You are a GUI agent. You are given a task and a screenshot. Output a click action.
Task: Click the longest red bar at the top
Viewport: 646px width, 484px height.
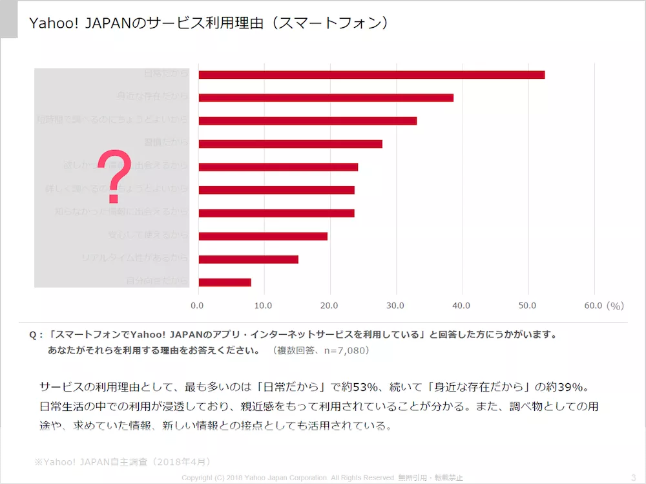[x=371, y=74]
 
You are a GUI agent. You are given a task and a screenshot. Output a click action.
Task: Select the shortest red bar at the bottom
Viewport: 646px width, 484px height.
[x=225, y=282]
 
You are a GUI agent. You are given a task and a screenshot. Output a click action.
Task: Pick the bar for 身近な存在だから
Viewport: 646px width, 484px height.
[x=326, y=98]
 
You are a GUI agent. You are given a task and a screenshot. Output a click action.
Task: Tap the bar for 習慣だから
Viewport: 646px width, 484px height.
[x=290, y=143]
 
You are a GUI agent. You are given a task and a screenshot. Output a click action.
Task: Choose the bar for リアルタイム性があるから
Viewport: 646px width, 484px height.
[x=248, y=259]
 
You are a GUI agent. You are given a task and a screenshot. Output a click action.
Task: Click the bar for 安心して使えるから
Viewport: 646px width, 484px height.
[x=263, y=236]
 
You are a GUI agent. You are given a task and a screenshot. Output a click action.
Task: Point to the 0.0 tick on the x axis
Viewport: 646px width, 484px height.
[x=198, y=305]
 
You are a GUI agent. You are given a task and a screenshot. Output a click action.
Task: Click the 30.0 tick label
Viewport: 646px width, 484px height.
[x=395, y=305]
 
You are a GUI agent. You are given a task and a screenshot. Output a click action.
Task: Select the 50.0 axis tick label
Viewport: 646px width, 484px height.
[x=527, y=305]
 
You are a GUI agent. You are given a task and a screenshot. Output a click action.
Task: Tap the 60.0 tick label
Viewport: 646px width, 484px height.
[x=593, y=305]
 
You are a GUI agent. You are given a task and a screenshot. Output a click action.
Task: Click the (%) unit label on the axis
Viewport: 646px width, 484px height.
[x=615, y=305]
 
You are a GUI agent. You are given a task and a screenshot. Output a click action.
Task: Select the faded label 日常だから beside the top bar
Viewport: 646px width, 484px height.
[x=166, y=74]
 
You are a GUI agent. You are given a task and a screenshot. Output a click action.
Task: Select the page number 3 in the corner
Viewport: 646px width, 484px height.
[x=632, y=477]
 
